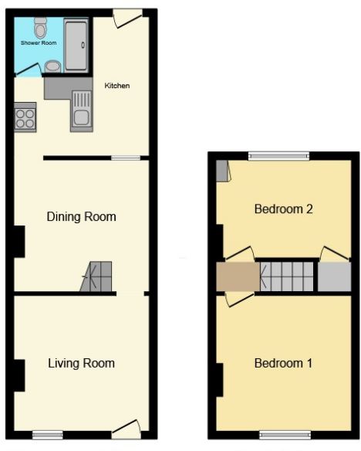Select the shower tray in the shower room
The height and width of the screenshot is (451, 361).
pyautogui.click(x=76, y=46)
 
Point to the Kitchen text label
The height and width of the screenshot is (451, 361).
pyautogui.click(x=117, y=85)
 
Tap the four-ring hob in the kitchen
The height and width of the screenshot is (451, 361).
pyautogui.click(x=25, y=118)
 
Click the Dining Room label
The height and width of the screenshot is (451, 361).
pyautogui.click(x=82, y=217)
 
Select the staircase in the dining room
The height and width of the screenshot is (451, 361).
pyautogui.click(x=97, y=276)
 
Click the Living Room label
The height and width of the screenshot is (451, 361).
pyautogui.click(x=81, y=363)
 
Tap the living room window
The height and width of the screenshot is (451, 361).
pyautogui.click(x=48, y=435)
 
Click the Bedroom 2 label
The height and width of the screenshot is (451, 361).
pyautogui.click(x=282, y=209)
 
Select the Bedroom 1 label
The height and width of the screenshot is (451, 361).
pyautogui.click(x=283, y=363)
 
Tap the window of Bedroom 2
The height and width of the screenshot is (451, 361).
pyautogui.click(x=278, y=156)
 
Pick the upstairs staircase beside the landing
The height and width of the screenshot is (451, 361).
pyautogui.click(x=288, y=276)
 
